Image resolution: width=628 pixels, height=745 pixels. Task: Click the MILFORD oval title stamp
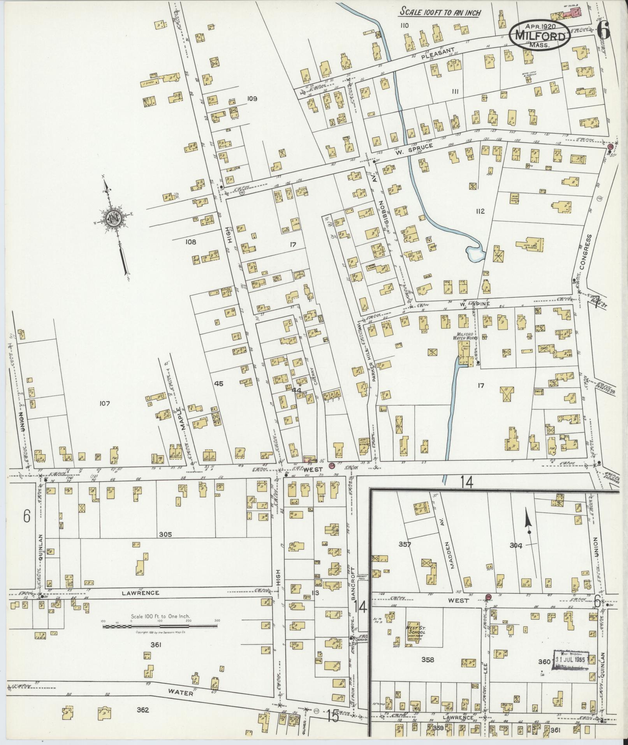point(540,35)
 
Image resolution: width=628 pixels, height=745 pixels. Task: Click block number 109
point(252,99)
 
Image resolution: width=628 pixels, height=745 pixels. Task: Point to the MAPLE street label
point(181,418)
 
